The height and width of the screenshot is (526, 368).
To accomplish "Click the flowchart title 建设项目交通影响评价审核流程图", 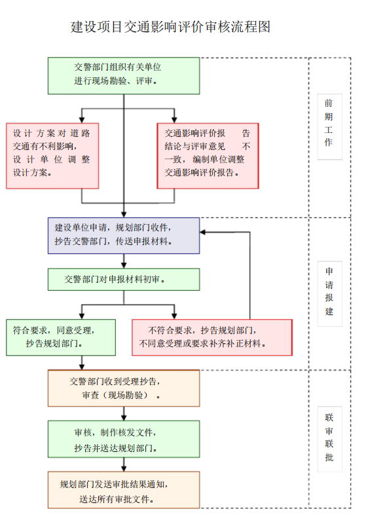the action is coord(170,27).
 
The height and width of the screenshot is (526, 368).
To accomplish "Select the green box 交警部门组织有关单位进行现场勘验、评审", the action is coord(124,76).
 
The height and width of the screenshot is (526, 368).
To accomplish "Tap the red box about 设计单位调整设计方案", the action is coord(52,156).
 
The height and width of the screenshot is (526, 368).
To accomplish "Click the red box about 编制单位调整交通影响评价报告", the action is coord(208,156).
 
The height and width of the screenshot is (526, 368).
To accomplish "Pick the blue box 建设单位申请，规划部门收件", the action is coord(124,236).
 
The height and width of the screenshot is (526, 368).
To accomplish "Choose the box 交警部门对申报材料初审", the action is coord(124,280).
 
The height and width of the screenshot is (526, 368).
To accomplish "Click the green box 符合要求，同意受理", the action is coord(61,337).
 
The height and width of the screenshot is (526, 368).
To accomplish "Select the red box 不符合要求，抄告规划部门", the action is coord(212,337).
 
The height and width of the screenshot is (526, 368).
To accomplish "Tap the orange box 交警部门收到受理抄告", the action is coord(124,388).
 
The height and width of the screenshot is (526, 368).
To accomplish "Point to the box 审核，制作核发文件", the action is coord(124,439).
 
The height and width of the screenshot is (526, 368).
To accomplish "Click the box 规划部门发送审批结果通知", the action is coord(124,490).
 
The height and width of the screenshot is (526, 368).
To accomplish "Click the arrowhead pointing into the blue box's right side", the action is coord(203,232).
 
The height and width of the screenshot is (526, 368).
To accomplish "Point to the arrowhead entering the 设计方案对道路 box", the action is coord(82,120).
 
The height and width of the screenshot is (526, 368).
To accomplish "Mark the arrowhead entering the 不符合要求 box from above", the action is coord(174,316).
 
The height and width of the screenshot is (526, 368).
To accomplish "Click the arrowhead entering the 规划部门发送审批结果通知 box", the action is coord(124,468).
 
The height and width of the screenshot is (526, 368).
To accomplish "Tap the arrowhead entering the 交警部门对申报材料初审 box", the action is coord(124,265).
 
